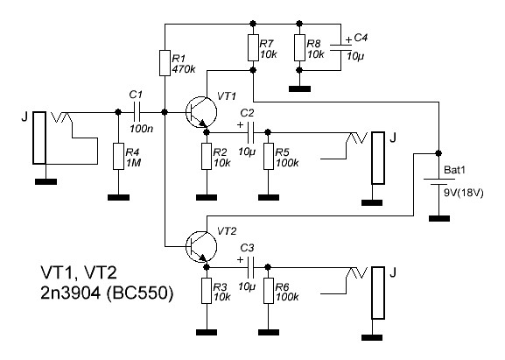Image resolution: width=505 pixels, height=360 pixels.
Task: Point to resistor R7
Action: tap(252, 46)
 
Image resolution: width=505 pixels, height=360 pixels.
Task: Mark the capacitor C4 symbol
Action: tap(345, 51)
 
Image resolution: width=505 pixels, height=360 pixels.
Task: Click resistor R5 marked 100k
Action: tap(269, 157)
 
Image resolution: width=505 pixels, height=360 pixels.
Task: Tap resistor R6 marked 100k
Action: tap(269, 291)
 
